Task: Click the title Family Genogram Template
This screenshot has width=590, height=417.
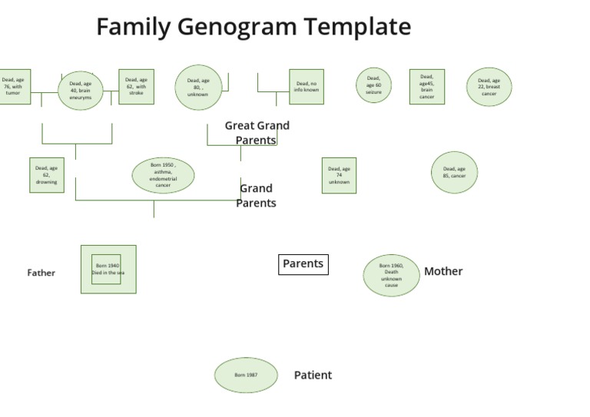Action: tap(254, 27)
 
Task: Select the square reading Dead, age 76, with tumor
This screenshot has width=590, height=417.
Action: tap(14, 87)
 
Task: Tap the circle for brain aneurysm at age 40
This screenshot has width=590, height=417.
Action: tap(81, 91)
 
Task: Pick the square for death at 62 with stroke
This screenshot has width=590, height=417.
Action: tap(136, 87)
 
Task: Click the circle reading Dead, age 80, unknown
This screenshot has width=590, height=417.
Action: tap(198, 88)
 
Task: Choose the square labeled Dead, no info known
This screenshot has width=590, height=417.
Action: tap(307, 87)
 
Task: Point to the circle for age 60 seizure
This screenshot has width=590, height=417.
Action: tap(373, 85)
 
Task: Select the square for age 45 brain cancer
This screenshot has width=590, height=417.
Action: tap(426, 87)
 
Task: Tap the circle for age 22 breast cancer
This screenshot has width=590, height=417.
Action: tap(489, 87)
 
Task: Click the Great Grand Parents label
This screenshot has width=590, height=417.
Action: tap(257, 133)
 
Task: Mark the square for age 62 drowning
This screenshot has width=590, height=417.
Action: tap(46, 175)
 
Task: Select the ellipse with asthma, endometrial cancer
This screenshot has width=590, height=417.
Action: tap(163, 175)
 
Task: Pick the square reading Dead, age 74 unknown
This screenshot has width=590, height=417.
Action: tap(339, 175)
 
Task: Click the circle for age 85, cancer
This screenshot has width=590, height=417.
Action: tap(454, 173)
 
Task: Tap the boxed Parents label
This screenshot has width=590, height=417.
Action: tap(303, 264)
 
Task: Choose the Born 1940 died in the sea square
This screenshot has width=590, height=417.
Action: tap(108, 270)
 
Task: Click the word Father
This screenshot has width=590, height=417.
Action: tap(41, 273)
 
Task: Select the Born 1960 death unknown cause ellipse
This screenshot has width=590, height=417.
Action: tap(392, 275)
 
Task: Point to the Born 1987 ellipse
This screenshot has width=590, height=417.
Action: tap(246, 376)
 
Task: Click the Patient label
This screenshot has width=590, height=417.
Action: tap(313, 376)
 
